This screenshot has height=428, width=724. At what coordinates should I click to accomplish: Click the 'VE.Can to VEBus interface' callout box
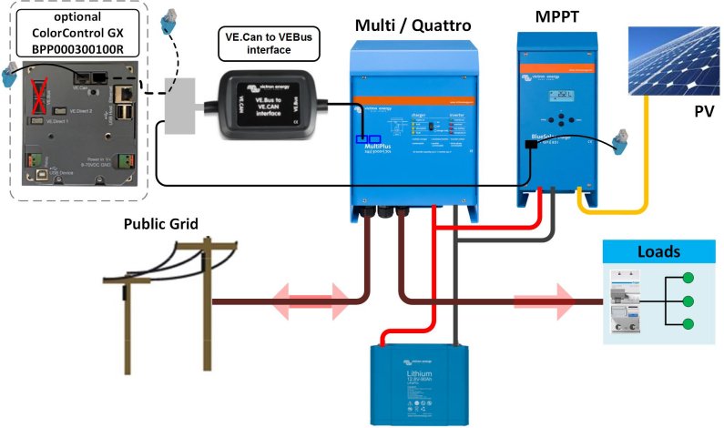(270, 43)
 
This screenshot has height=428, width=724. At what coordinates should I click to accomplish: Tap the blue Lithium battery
(423, 382)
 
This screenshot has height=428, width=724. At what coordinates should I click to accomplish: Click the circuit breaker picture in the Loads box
(630, 301)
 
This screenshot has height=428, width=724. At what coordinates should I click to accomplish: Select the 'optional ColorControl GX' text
(77, 27)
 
